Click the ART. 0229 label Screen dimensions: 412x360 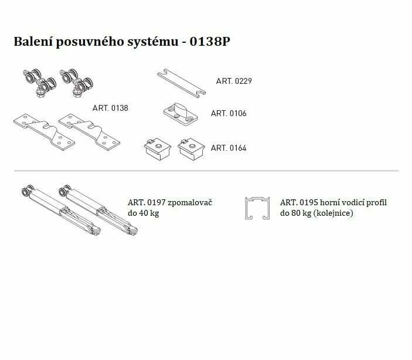[x=234, y=81]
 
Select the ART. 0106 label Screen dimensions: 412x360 [x=229, y=113]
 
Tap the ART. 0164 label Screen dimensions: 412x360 [x=229, y=148]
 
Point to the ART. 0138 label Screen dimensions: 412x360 [x=110, y=108]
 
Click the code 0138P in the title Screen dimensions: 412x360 [x=210, y=42]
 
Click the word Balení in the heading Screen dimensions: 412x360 [x=33, y=42]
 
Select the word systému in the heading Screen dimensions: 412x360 [x=153, y=42]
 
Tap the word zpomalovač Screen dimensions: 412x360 [x=190, y=203]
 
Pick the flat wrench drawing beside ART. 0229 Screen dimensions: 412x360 [x=182, y=83]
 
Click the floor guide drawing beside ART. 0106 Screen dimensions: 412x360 [x=181, y=115]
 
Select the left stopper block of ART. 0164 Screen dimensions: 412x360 [x=158, y=148]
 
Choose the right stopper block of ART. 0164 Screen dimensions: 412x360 [x=191, y=148]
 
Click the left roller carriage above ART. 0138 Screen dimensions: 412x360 [x=40, y=83]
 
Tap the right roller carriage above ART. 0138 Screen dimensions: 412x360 [x=76, y=83]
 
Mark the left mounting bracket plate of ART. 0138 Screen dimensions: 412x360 [x=44, y=132]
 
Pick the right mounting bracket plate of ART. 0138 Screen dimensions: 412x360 [x=89, y=132]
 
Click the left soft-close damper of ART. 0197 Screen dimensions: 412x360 [x=61, y=210]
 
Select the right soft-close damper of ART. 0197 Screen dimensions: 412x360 [x=98, y=210]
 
